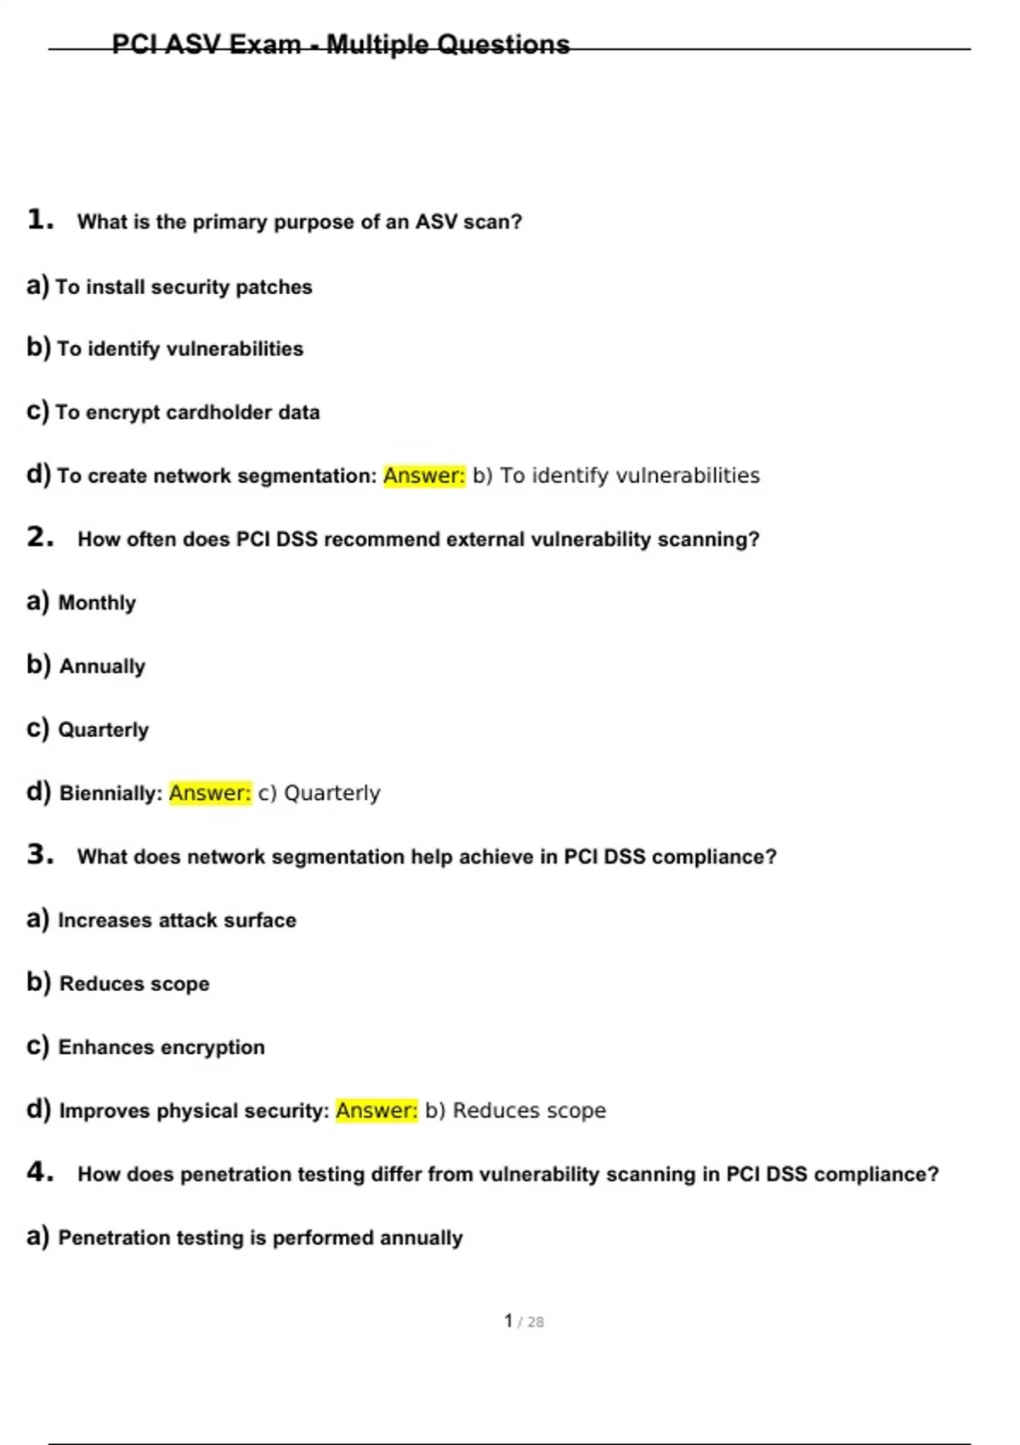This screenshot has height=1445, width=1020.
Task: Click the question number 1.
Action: [39, 220]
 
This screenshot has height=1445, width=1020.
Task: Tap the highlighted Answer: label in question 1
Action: [424, 475]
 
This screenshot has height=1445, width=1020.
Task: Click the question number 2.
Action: [39, 537]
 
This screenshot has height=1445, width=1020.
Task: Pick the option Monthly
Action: [96, 603]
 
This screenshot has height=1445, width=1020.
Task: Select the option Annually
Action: [102, 666]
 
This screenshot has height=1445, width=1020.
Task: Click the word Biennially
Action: [110, 793]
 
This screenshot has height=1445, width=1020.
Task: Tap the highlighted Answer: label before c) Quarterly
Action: [210, 793]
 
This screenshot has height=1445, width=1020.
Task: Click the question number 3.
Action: [39, 854]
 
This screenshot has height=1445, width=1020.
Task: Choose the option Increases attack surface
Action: [177, 920]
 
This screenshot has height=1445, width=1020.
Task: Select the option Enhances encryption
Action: [161, 1047]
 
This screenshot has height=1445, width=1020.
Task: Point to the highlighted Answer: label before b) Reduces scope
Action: [377, 1110]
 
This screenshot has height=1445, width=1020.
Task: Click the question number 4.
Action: [39, 1172]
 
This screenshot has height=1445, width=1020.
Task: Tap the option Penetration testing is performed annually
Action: [260, 1238]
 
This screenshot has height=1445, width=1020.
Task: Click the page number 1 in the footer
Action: [508, 1321]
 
